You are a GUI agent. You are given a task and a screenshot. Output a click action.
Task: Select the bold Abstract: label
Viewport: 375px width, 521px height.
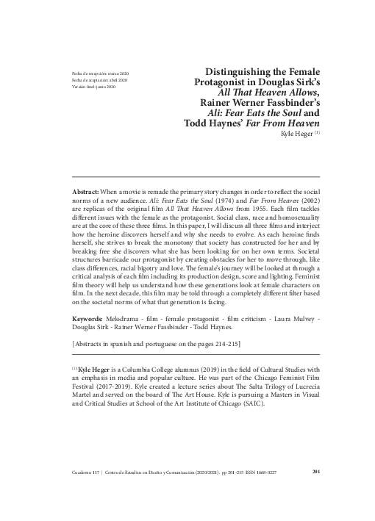84,190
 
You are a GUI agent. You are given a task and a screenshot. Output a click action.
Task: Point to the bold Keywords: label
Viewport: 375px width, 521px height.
87,320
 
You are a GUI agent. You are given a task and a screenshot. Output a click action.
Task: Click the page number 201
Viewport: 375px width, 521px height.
315,471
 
